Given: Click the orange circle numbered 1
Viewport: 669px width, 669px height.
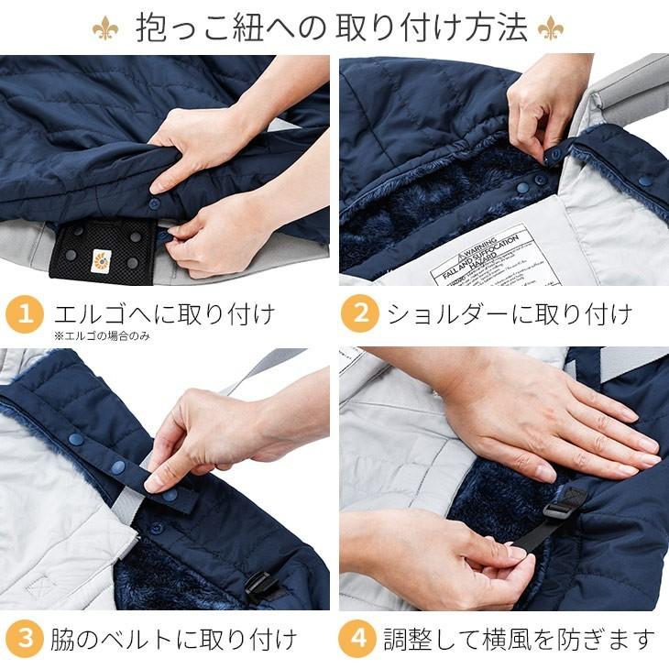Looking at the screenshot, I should tap(26, 313).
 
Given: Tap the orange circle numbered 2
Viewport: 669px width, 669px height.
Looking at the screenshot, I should tap(360, 313).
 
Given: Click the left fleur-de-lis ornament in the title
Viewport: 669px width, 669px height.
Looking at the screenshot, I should tap(105, 28).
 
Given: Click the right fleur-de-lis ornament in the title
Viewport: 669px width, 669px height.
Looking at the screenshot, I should tap(551, 28).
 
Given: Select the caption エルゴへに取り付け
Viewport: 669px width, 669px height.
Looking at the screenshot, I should tap(165, 313).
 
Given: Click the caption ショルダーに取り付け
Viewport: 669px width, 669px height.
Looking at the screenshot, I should tap(509, 313).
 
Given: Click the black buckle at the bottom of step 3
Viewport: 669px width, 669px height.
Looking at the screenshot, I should tap(261, 585).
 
